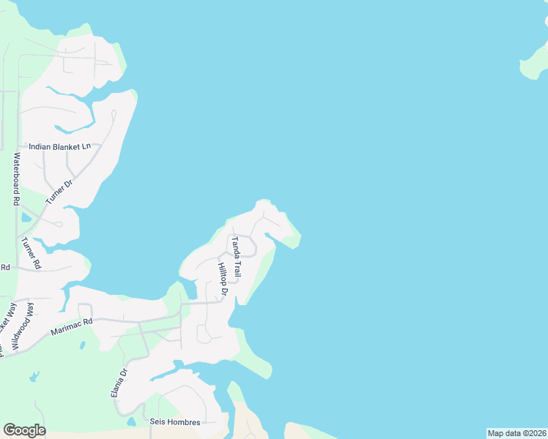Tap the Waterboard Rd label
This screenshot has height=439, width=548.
15,179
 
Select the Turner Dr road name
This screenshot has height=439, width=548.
59,193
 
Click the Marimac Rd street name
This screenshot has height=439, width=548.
72,326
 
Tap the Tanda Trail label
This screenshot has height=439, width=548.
236,256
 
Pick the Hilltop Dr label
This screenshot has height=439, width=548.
223,280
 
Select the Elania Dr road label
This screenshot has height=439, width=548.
119,382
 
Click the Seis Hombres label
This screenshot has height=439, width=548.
174,421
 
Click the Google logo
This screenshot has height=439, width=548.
24,430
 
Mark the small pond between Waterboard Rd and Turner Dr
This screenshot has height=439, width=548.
26,217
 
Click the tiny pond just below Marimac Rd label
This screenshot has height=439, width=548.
82,344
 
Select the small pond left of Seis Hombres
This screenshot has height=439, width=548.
130,421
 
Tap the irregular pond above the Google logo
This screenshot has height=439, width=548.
34,378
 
